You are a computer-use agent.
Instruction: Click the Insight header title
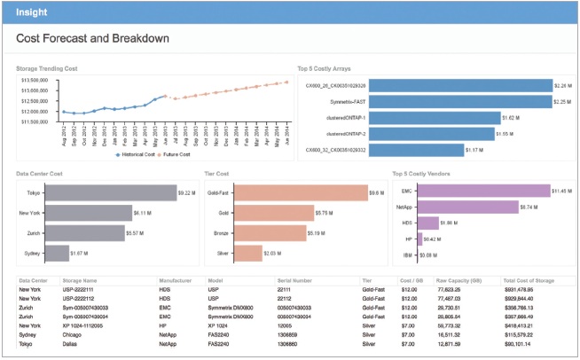(31, 13)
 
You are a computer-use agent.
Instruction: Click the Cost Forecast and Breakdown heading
(92, 39)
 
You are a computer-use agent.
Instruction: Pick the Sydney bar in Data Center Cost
(58, 253)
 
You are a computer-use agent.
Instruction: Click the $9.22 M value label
(187, 192)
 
